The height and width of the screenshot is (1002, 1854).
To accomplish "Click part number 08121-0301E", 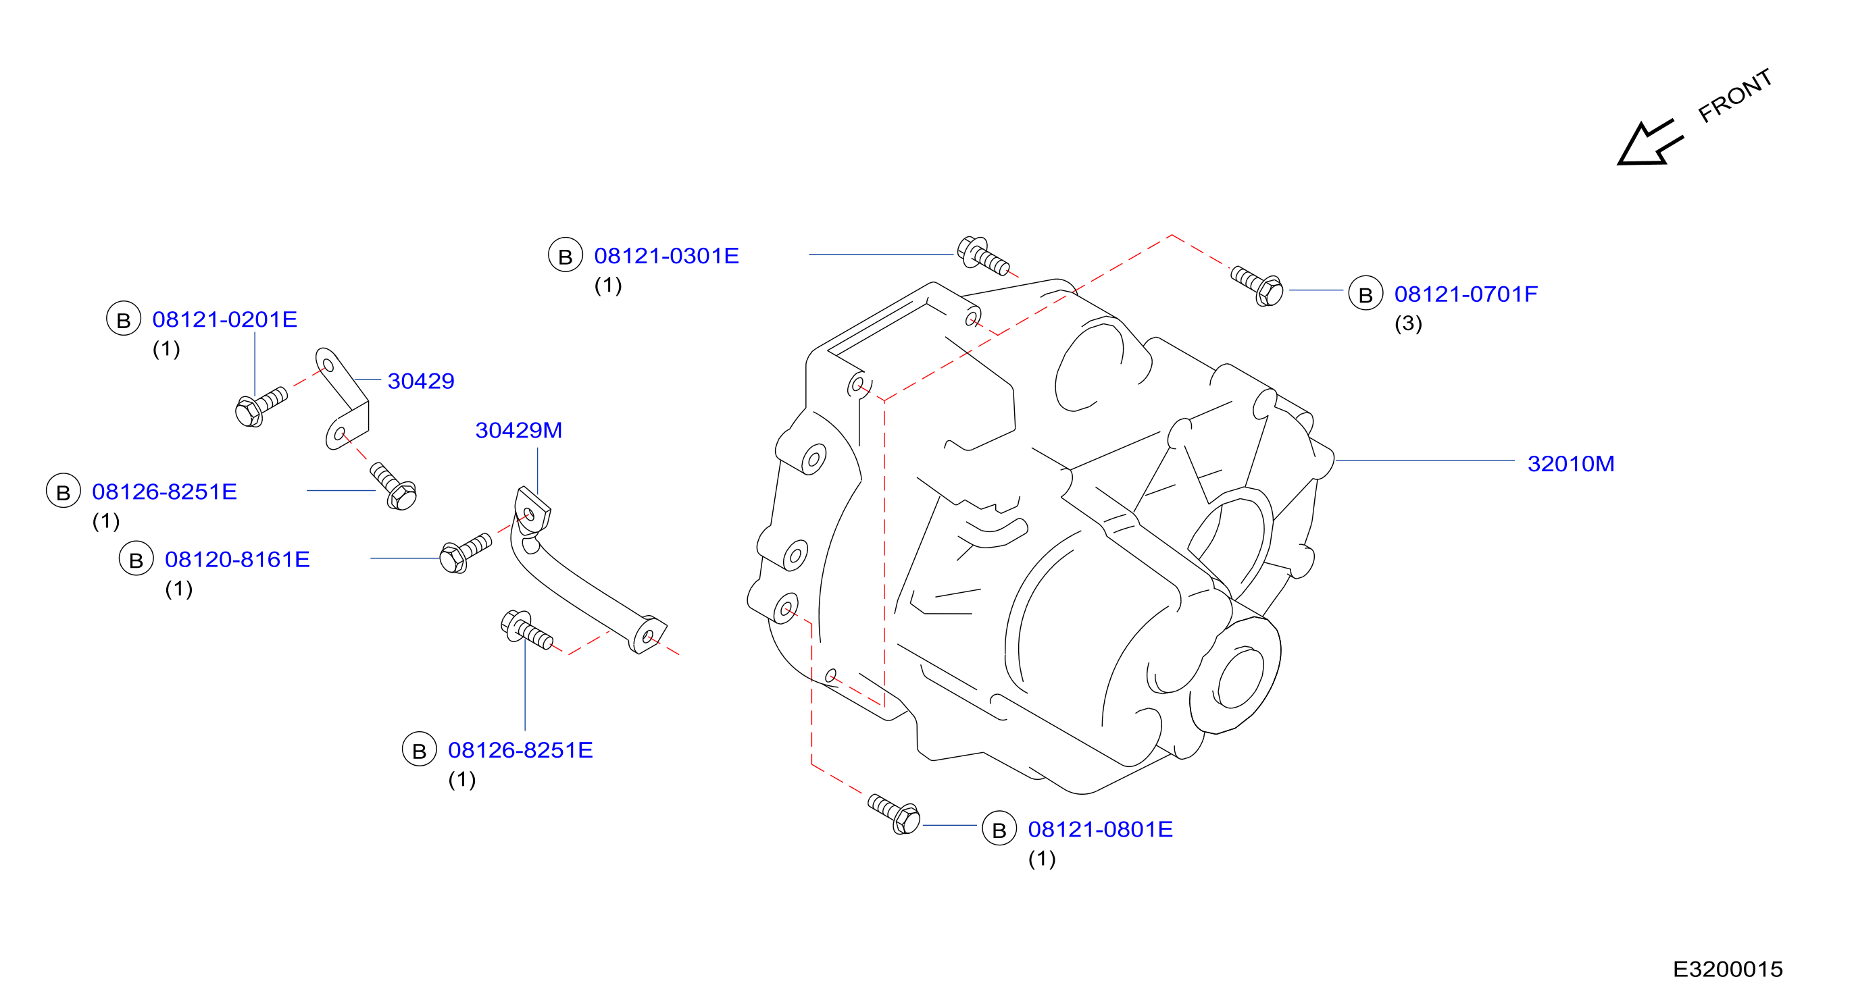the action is click(x=666, y=256).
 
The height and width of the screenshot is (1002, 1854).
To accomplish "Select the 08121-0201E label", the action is click(x=224, y=319).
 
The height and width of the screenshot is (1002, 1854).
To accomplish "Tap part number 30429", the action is click(x=421, y=381).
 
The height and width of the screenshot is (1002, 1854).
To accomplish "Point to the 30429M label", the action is click(x=519, y=430).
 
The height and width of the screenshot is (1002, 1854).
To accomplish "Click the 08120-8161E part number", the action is click(x=238, y=560).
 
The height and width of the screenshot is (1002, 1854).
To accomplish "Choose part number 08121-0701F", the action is click(x=1466, y=294).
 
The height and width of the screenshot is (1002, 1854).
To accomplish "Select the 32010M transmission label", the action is click(x=1571, y=464).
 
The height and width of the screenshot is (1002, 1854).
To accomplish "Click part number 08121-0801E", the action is click(x=1101, y=829).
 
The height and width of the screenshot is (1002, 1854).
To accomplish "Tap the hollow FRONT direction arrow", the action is click(x=1649, y=143).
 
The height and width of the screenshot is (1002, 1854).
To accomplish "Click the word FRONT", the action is click(x=1734, y=96).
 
